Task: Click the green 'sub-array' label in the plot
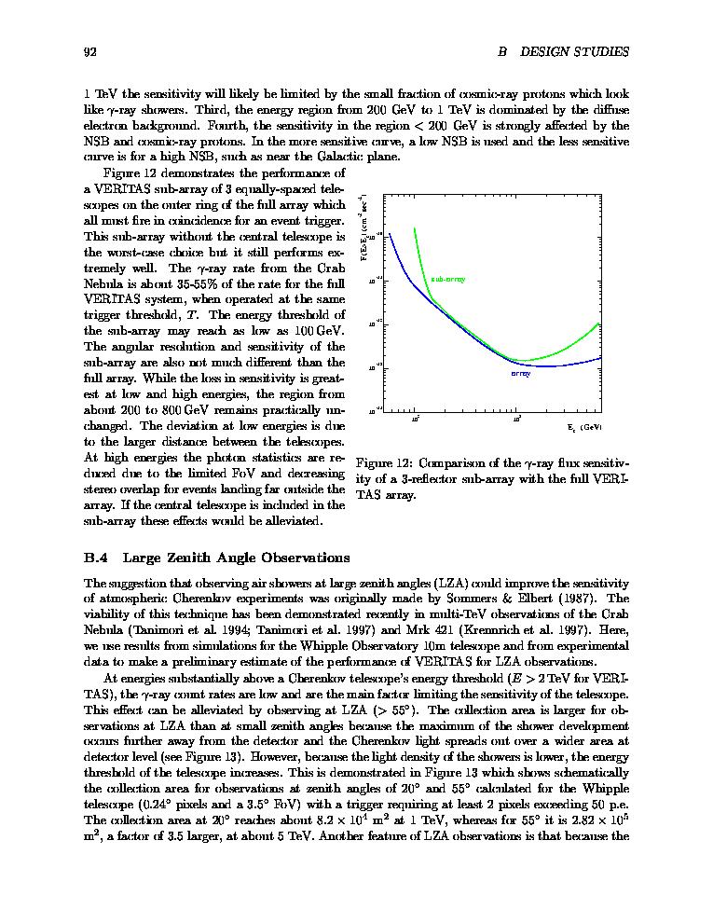tap(448, 279)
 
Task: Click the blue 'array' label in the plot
tap(521, 374)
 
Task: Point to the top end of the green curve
tap(413, 227)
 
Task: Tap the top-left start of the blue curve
tap(390, 233)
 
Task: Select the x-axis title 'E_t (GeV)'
tap(584, 427)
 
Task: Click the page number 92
tap(90, 52)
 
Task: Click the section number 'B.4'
tap(97, 558)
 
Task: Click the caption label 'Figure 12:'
tap(385, 463)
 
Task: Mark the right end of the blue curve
tap(602, 357)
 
